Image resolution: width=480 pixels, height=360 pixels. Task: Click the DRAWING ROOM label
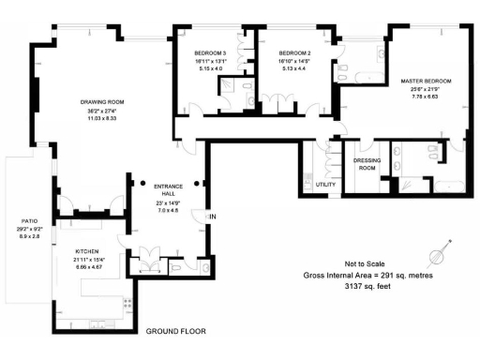point(102,101)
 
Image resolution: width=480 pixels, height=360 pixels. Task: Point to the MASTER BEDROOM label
point(425,82)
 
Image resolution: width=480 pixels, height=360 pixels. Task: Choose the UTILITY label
point(325,185)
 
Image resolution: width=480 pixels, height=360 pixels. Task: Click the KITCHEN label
point(87,252)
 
